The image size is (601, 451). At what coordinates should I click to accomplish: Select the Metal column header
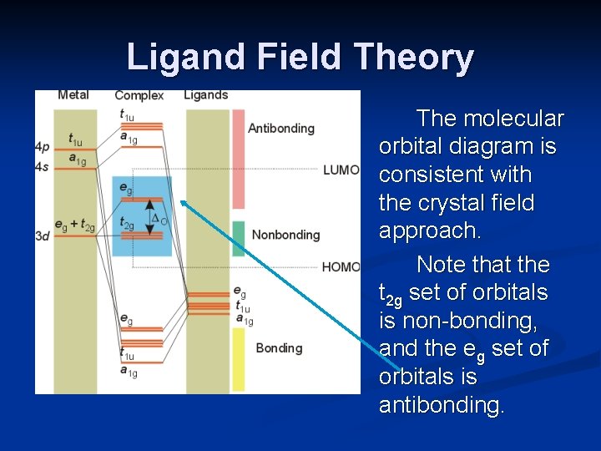point(73,95)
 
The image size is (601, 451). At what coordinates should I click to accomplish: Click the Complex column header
point(139,95)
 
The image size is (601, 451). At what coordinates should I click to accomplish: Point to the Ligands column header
point(205,95)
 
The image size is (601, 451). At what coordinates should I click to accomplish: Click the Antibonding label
point(281,129)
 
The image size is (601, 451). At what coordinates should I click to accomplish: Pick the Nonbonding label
point(285,235)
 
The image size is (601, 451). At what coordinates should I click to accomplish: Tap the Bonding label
point(279,347)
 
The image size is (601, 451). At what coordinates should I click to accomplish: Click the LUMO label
point(341,170)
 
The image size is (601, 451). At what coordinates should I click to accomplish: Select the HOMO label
point(341,267)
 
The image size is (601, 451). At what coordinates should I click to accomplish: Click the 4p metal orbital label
point(43,147)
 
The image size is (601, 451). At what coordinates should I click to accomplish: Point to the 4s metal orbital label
point(43,168)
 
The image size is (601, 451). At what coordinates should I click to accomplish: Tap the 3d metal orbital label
point(43,236)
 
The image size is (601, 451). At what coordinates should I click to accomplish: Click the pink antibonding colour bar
point(238,159)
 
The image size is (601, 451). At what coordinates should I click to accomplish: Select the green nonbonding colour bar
point(238,237)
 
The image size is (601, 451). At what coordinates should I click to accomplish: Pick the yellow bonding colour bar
point(238,359)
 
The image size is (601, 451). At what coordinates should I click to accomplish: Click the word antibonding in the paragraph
point(442,405)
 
